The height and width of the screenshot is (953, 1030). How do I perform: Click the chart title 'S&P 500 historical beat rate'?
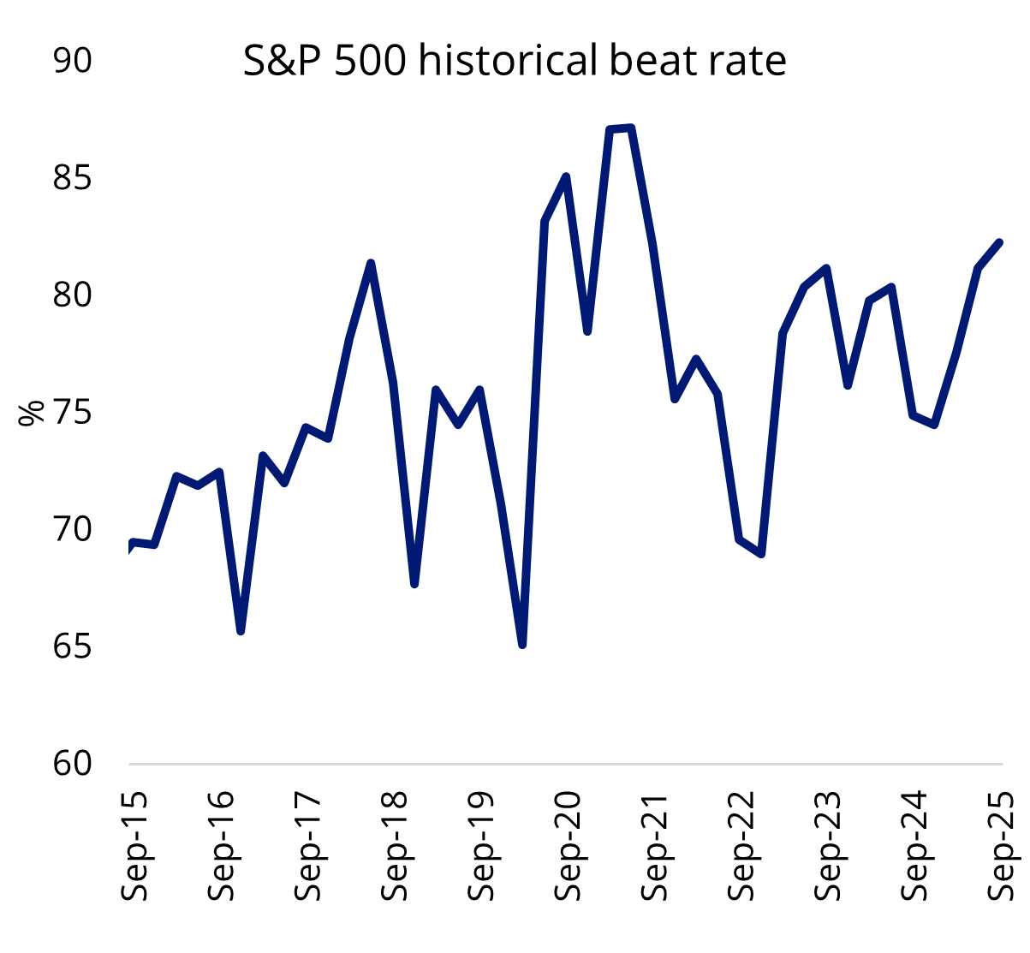(515, 62)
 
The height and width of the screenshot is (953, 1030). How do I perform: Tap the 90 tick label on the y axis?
(72, 62)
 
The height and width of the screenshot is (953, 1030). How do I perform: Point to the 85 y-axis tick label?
(72, 179)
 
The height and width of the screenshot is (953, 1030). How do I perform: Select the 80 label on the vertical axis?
(72, 295)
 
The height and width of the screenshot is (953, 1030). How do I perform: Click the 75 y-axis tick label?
(72, 413)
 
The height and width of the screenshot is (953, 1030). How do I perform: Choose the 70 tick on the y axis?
(72, 529)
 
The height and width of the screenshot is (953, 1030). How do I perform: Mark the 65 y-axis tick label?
(72, 646)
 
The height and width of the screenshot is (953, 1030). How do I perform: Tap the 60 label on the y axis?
(72, 763)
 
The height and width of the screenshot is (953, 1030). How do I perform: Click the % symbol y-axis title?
(32, 413)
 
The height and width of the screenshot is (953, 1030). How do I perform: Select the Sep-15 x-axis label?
(134, 845)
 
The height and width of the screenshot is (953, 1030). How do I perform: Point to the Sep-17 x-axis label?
(307, 845)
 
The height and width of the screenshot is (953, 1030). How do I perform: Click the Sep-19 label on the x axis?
(481, 845)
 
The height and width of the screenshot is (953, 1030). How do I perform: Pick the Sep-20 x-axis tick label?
(568, 845)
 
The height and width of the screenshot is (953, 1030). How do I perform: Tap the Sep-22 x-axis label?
(741, 845)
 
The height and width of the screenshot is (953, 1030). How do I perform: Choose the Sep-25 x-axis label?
(1001, 845)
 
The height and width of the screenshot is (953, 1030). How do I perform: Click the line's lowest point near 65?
(522, 644)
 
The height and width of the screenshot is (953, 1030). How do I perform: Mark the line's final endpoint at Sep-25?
(1000, 242)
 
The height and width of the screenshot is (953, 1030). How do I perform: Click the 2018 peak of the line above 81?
(371, 263)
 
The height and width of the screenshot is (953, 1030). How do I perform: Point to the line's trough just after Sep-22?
(761, 554)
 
